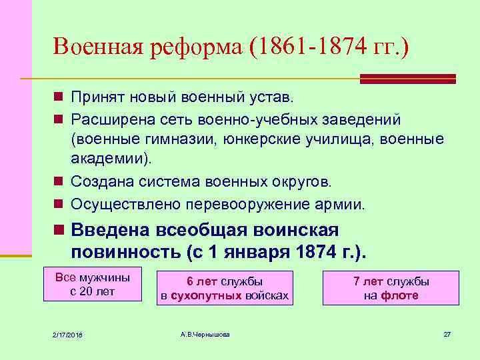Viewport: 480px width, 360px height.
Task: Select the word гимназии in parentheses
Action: pyautogui.click(x=181, y=139)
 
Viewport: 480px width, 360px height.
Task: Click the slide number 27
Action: pyautogui.click(x=447, y=334)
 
